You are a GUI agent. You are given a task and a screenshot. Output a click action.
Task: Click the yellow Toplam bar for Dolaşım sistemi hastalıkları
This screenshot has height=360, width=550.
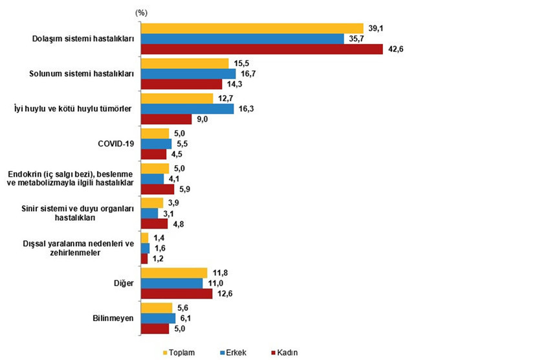click(x=252, y=28)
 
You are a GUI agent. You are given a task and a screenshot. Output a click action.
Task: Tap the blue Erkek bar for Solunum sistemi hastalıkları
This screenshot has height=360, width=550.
click(x=188, y=74)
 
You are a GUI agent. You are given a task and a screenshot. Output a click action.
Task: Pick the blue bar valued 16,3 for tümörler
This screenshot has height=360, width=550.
click(x=187, y=109)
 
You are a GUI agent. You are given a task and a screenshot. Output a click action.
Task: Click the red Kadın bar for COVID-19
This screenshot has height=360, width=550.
click(x=153, y=154)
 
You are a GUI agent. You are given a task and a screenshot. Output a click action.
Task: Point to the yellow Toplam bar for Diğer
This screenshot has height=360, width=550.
click(x=174, y=273)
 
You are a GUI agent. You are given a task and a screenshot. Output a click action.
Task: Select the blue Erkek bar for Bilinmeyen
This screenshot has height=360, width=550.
click(x=158, y=318)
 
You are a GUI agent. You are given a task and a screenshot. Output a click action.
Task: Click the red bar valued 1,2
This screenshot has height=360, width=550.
click(x=144, y=258)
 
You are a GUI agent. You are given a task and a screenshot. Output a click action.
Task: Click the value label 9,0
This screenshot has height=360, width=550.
click(x=203, y=119)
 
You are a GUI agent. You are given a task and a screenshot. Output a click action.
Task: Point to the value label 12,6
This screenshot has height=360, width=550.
click(x=224, y=293)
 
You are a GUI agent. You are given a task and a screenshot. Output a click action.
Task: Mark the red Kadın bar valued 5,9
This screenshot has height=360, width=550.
click(x=157, y=189)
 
